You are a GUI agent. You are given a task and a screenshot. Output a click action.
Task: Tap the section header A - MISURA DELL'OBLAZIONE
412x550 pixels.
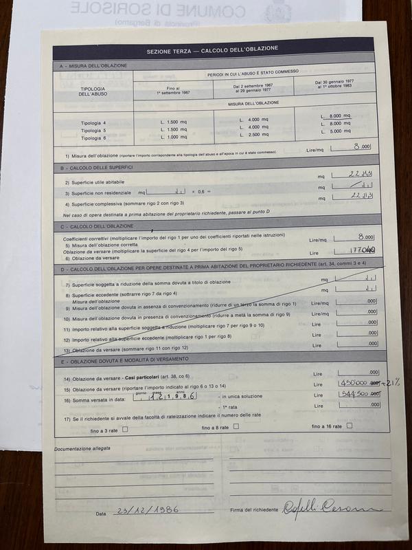tap(94, 65)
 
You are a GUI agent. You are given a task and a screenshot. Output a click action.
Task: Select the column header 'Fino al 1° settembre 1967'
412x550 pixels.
tap(173, 89)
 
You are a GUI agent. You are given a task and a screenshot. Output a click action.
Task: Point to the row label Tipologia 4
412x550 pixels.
tap(94, 122)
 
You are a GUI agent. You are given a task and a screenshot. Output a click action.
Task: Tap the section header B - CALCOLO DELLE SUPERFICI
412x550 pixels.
tap(99, 167)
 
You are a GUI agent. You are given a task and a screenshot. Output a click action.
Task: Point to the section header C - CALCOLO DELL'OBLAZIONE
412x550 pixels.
tap(98, 226)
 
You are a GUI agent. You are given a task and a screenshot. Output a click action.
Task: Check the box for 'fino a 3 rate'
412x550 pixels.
tap(122, 427)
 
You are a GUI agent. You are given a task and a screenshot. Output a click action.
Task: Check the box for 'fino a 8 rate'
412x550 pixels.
tap(236, 427)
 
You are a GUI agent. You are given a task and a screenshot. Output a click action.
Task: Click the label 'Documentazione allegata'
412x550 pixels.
tap(82, 448)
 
